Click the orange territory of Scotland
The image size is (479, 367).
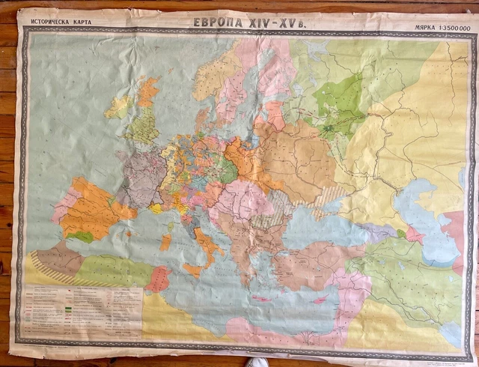tap(147, 91)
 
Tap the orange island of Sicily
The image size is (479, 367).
tap(192, 269)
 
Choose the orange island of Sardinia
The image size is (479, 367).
tap(165, 242)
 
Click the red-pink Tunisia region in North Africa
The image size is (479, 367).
tap(159, 279)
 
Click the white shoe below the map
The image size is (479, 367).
tap(258, 363)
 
